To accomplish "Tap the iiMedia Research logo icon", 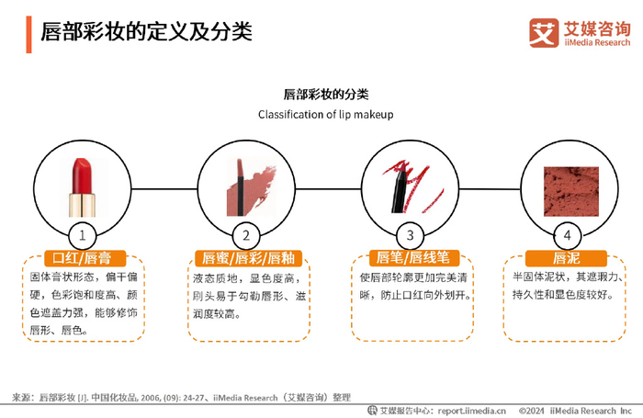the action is (x=544, y=32).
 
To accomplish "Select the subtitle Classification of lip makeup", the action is (x=325, y=115).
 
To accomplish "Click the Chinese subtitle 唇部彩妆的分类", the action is (x=325, y=95).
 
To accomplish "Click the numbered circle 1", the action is (x=83, y=234).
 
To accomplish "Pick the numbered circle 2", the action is (x=246, y=234).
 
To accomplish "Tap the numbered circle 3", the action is (x=409, y=234).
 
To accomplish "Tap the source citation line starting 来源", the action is (x=181, y=397).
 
